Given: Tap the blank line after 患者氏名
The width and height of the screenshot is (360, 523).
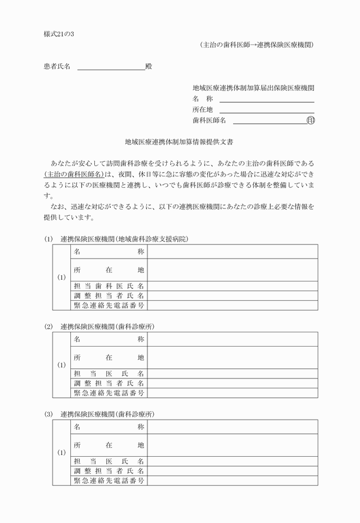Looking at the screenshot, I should pyautogui.click(x=111, y=67).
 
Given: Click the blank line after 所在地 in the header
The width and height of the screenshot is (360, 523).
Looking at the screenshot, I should pyautogui.click(x=266, y=110).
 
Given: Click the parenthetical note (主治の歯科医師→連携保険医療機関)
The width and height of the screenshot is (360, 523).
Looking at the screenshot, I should pyautogui.click(x=257, y=45).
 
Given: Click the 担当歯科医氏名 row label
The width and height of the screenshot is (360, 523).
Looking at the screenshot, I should pyautogui.click(x=109, y=286).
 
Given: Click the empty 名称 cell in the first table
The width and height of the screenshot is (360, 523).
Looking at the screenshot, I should pyautogui.click(x=232, y=252).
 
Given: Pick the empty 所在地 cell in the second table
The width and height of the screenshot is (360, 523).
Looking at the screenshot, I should pyautogui.click(x=232, y=357).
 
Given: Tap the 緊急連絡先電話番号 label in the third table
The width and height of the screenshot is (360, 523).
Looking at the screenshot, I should pyautogui.click(x=109, y=481).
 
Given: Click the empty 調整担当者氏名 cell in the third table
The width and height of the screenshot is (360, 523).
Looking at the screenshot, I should pyautogui.click(x=232, y=471).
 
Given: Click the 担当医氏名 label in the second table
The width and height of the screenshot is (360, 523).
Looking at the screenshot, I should pyautogui.click(x=109, y=373).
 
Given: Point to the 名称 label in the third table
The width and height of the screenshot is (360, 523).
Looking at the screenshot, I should pyautogui.click(x=109, y=427).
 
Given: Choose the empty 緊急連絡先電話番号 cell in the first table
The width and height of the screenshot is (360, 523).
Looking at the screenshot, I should pyautogui.click(x=232, y=305).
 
